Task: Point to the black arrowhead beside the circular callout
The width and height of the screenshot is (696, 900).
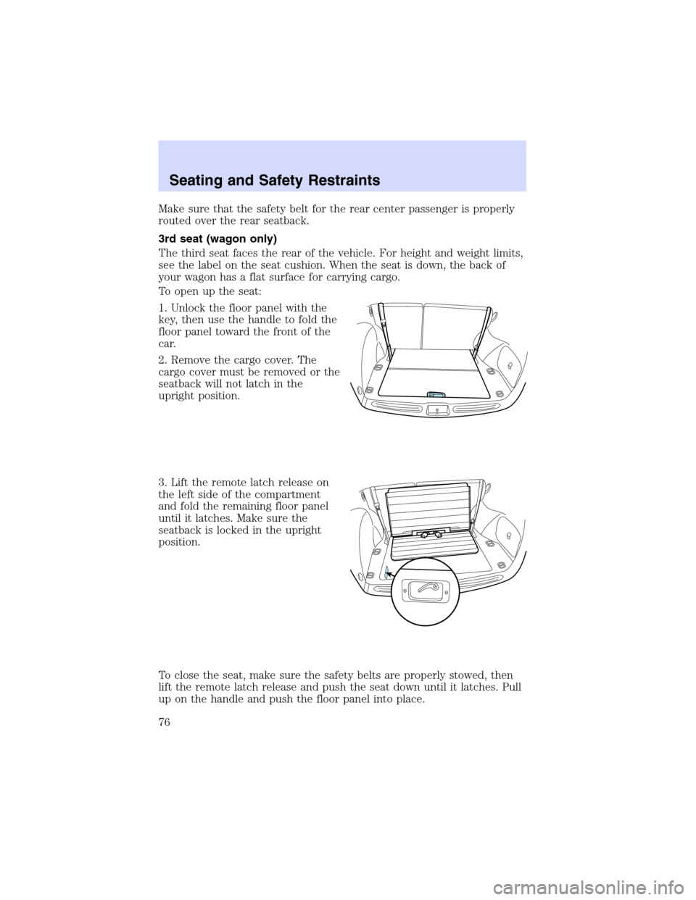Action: pos(389,574)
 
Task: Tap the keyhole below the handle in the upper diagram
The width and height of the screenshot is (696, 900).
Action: pos(436,410)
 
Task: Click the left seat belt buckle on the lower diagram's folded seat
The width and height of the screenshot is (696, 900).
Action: pos(424,535)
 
